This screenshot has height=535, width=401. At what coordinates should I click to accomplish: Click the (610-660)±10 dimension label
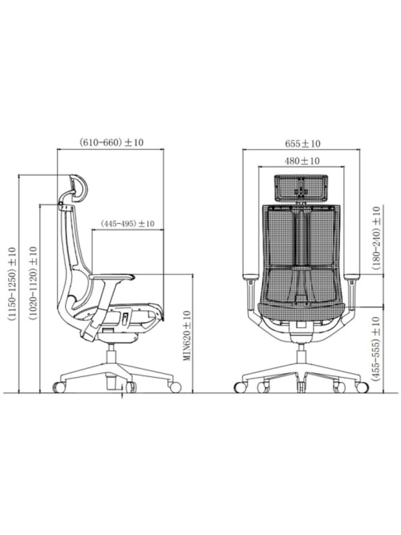[112, 142]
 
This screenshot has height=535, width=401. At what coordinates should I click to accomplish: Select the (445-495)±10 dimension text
[128, 223]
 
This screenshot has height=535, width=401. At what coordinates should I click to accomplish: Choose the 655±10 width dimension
[302, 142]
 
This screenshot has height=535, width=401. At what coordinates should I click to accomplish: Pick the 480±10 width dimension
[302, 160]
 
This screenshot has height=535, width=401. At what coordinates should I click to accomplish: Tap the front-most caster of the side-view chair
[175, 386]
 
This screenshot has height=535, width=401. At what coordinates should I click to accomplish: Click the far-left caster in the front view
[239, 387]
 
